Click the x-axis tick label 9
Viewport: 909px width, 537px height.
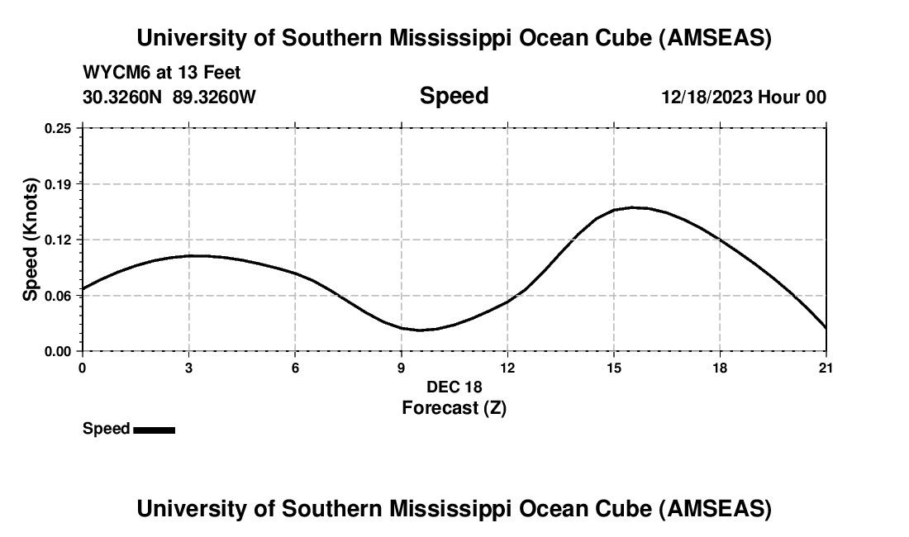(x=401, y=368)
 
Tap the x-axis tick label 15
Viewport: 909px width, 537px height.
(x=613, y=368)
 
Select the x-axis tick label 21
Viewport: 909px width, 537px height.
(x=826, y=368)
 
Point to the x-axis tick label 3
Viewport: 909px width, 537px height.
(x=189, y=368)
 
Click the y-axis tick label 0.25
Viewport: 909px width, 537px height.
(x=58, y=128)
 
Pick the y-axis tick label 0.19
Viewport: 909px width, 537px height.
(x=58, y=183)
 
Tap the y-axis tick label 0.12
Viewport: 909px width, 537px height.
(x=58, y=240)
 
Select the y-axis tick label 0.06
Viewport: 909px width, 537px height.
(x=58, y=295)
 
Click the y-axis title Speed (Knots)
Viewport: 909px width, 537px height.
(x=31, y=240)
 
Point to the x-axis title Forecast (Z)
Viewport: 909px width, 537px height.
(x=454, y=407)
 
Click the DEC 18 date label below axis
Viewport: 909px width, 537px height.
(x=454, y=387)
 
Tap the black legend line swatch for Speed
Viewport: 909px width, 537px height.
(x=154, y=430)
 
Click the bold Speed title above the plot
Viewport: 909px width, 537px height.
(x=454, y=96)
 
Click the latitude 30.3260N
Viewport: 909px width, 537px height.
(x=124, y=97)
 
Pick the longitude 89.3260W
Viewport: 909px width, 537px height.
(x=214, y=97)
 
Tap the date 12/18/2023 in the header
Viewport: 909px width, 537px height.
(x=707, y=97)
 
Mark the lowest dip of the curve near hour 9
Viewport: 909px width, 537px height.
(x=420, y=330)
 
